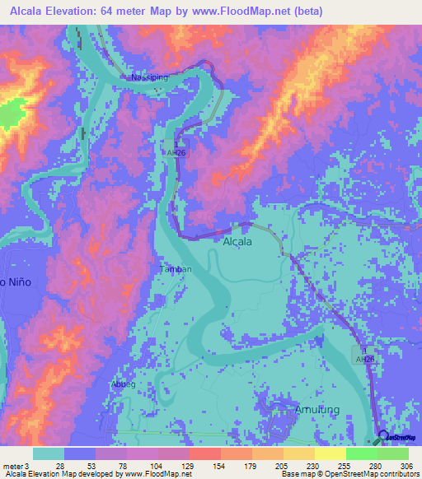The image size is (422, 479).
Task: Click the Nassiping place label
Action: pos(148,77)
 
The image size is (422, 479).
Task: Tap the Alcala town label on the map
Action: pos(238,242)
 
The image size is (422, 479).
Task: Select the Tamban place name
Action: pos(175,269)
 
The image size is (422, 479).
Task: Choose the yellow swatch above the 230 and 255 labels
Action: pos(299,453)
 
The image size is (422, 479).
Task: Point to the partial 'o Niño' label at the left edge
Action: pos(15,282)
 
